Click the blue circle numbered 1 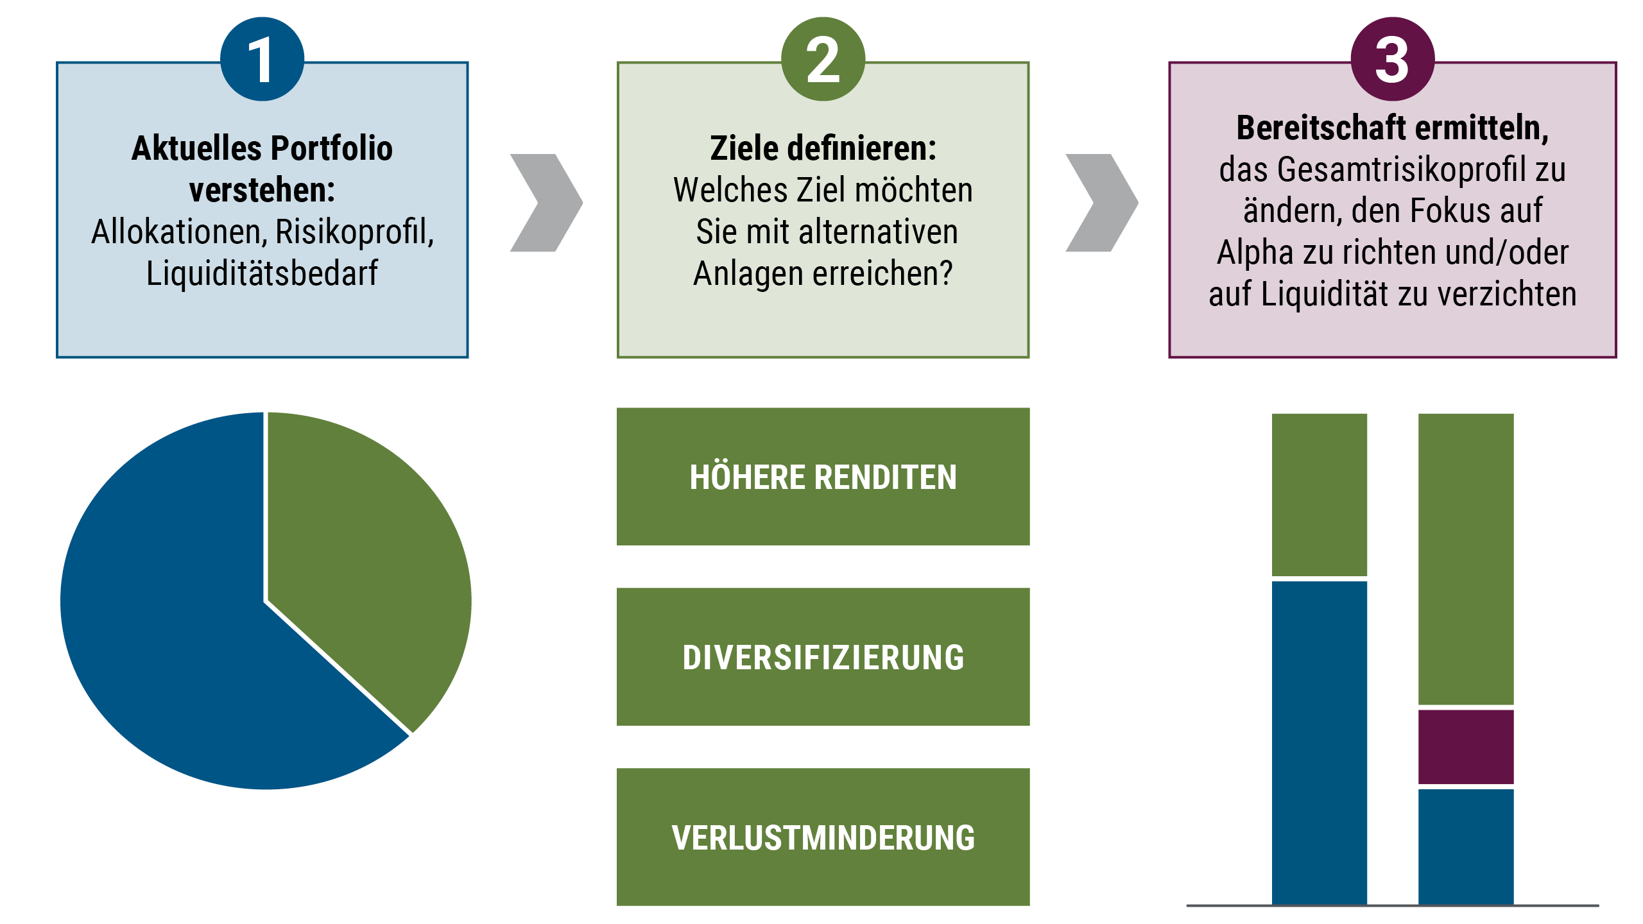click(262, 59)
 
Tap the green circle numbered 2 click(823, 59)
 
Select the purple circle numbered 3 click(1392, 59)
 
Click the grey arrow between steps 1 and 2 click(546, 203)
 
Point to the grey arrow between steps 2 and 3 click(1101, 203)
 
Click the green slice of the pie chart click(366, 565)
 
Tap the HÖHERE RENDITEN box click(823, 477)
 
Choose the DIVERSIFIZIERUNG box click(823, 657)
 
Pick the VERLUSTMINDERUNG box click(823, 837)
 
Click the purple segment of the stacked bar click(1465, 746)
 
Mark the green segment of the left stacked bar click(1319, 494)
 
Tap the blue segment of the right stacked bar click(1465, 846)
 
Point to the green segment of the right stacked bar click(1465, 558)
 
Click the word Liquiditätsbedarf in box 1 click(262, 273)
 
